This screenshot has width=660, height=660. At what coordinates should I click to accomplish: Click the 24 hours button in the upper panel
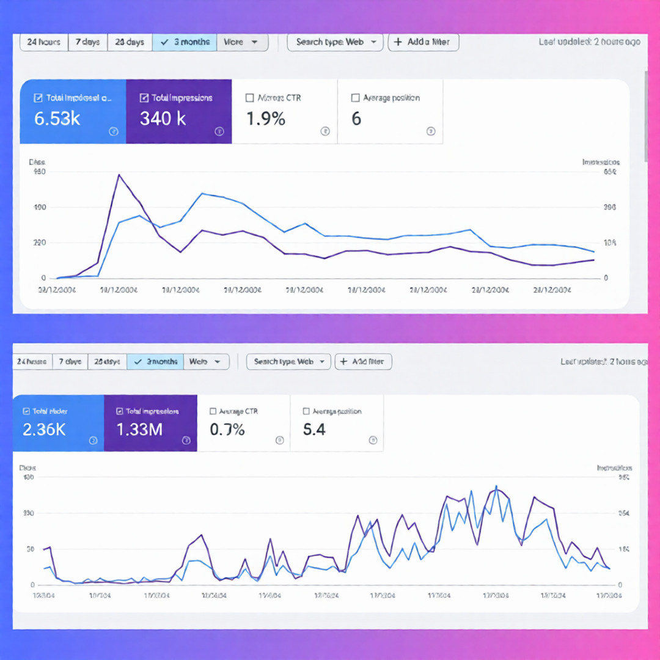(x=44, y=42)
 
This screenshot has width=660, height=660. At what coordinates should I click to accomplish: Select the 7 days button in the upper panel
(x=88, y=42)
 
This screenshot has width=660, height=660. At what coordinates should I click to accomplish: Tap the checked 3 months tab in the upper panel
(x=185, y=42)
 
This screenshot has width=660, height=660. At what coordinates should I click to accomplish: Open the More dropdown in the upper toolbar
(x=242, y=42)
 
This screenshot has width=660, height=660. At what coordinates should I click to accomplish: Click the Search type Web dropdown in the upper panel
(x=335, y=42)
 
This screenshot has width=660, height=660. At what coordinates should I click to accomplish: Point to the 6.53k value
(x=57, y=119)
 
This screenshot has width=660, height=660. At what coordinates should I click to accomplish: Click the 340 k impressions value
(x=163, y=119)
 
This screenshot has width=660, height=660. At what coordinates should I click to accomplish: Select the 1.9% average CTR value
(x=266, y=119)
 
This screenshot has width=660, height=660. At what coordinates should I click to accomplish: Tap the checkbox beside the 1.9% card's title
(x=249, y=98)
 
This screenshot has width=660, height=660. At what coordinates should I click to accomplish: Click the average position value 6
(x=356, y=119)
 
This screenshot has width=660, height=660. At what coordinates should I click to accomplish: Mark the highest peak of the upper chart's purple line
(x=119, y=175)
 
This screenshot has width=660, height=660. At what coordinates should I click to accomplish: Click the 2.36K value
(x=44, y=430)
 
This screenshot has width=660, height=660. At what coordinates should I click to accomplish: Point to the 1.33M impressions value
(x=139, y=430)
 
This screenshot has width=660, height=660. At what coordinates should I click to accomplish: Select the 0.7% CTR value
(x=227, y=430)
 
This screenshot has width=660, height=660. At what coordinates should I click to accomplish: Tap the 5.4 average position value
(x=314, y=430)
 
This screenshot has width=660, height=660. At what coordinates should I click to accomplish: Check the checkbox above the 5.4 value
(x=306, y=412)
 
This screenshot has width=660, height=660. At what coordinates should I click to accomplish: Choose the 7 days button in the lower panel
(x=70, y=362)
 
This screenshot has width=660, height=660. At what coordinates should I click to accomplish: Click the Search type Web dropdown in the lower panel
(x=288, y=362)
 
